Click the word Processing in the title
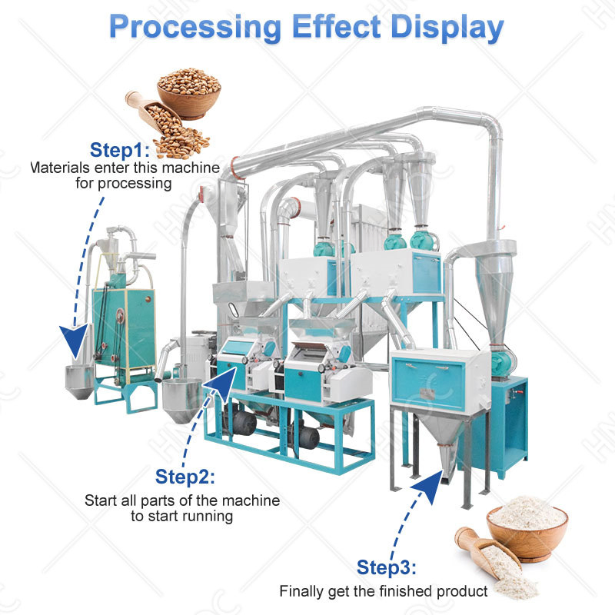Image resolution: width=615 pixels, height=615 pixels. (x=195, y=27)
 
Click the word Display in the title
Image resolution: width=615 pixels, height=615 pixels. (x=447, y=27)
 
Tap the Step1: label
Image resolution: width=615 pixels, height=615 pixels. (x=120, y=150)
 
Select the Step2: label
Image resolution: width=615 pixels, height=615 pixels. (x=185, y=477)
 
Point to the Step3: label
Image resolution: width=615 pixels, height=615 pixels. (x=387, y=567)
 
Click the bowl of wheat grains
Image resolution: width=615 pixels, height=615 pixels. (x=189, y=93)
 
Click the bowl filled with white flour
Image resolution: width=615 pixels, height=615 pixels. (x=527, y=528)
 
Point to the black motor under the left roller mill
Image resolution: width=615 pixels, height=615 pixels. (x=242, y=422)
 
